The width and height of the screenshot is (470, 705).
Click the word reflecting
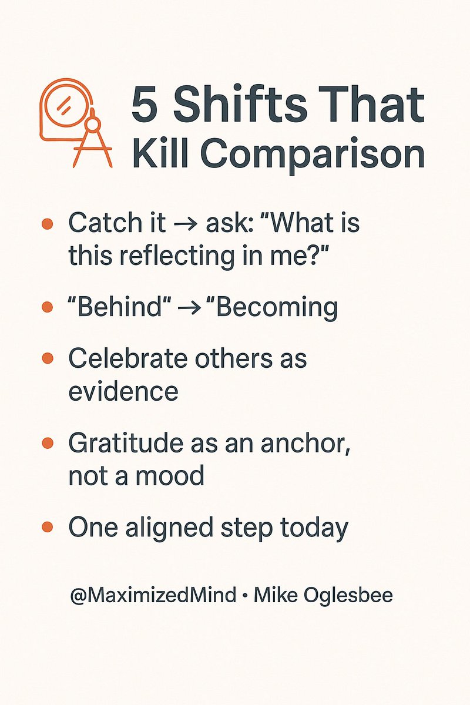point(161,257)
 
